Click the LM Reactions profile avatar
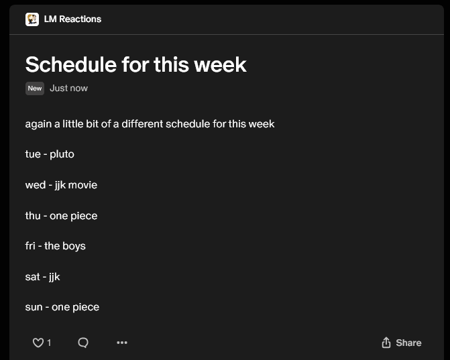(x=32, y=19)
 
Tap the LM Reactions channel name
(x=72, y=19)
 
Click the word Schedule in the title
(x=71, y=64)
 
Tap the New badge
(x=35, y=88)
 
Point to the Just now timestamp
(x=69, y=88)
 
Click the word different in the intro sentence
(x=142, y=124)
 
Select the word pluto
(x=62, y=155)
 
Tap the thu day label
(x=33, y=216)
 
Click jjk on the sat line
(x=54, y=277)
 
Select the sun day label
(x=34, y=307)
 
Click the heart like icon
(x=38, y=343)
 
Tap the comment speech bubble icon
(x=83, y=343)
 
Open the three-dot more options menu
(x=122, y=343)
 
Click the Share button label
(x=408, y=343)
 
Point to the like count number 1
(x=49, y=343)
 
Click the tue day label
(x=33, y=154)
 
